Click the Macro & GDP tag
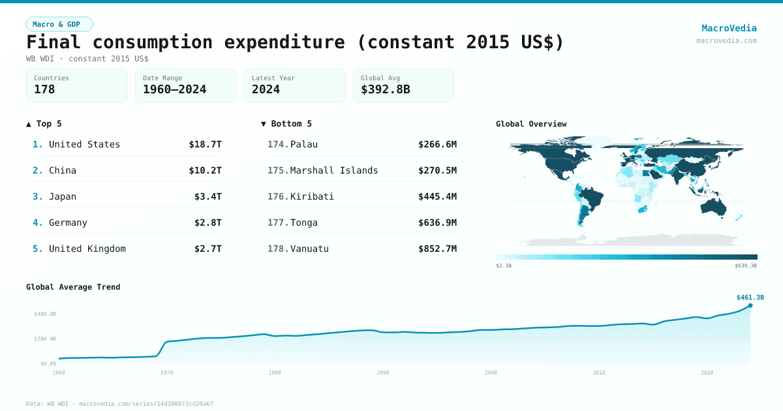click(59, 24)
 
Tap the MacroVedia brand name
click(729, 28)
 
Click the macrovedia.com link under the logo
click(726, 40)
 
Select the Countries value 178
click(44, 89)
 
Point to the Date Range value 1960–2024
click(174, 89)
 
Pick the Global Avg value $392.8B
click(385, 89)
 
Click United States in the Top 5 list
click(84, 144)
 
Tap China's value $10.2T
click(205, 170)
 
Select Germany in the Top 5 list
click(68, 222)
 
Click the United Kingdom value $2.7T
click(207, 249)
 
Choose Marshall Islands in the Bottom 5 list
click(334, 170)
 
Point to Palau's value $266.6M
click(437, 144)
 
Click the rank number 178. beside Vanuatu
click(277, 249)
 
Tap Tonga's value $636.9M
click(437, 222)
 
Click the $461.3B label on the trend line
click(750, 297)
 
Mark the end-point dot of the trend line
click(750, 305)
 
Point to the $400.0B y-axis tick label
click(45, 314)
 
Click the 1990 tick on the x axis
click(382, 373)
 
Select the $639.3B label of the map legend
click(745, 266)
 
